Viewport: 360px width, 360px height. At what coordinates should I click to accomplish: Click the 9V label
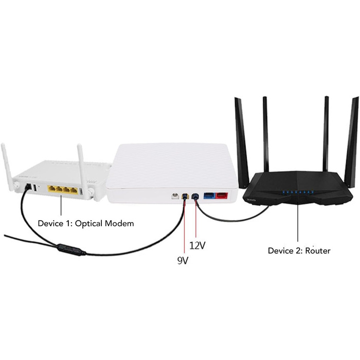pyautogui.click(x=183, y=261)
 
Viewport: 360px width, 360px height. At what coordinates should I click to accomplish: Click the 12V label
pyautogui.click(x=197, y=245)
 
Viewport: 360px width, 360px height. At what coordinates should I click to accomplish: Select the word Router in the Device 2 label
pyautogui.click(x=317, y=250)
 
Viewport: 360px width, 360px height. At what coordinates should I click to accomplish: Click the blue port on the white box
pyautogui.click(x=209, y=196)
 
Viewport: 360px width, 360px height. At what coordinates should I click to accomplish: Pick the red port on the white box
pyautogui.click(x=222, y=196)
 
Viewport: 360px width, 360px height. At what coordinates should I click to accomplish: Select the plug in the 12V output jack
pyautogui.click(x=195, y=196)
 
